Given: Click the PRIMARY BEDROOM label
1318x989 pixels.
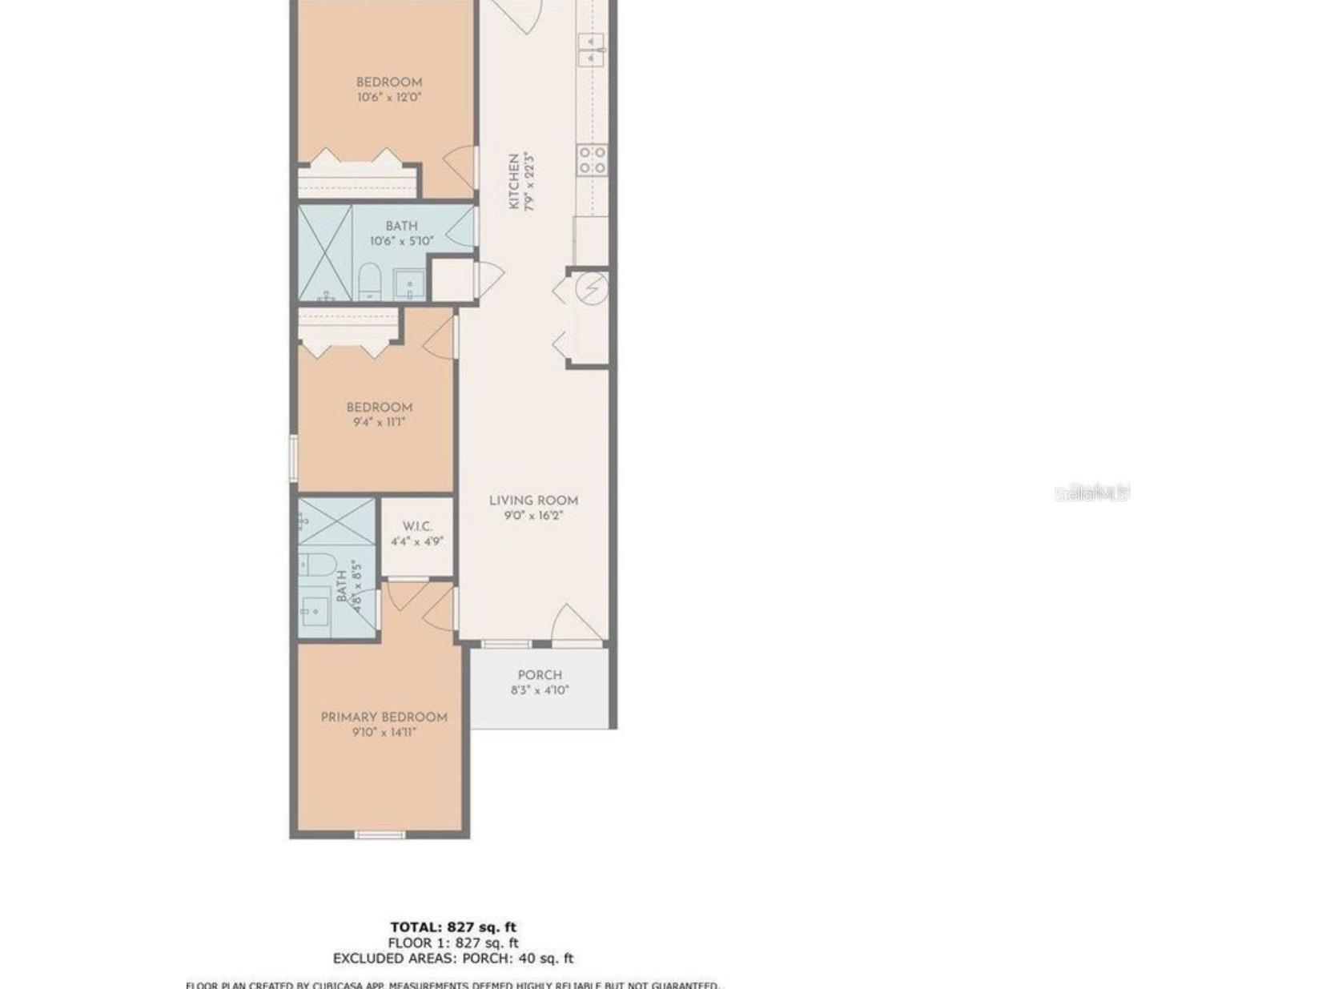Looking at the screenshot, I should [x=384, y=717].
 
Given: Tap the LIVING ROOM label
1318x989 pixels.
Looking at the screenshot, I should [x=533, y=501].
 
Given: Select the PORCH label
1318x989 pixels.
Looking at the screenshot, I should [x=540, y=675].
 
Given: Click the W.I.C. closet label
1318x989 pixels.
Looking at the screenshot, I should [x=417, y=526].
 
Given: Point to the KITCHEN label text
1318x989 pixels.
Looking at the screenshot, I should [x=514, y=182].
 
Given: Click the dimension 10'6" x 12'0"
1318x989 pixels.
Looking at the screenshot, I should [x=389, y=98].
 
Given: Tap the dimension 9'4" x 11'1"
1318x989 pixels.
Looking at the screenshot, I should [x=380, y=422].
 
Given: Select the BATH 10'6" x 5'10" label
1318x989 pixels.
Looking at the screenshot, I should [x=401, y=227].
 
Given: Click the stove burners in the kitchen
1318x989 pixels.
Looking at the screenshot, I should [x=593, y=159].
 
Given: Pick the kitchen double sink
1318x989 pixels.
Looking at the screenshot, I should [x=591, y=49].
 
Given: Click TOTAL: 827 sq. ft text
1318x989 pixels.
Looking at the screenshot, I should [x=453, y=927].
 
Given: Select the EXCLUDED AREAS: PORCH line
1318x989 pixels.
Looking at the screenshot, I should [x=453, y=958].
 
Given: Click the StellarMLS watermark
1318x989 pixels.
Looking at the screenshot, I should [x=1091, y=492].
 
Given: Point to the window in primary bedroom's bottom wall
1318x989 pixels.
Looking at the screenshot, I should [x=380, y=835].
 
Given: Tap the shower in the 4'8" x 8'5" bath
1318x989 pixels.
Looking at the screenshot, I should [x=336, y=521].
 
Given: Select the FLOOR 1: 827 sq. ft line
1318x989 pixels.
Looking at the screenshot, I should [x=453, y=943].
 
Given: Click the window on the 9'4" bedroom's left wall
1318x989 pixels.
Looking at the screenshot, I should [x=294, y=458].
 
